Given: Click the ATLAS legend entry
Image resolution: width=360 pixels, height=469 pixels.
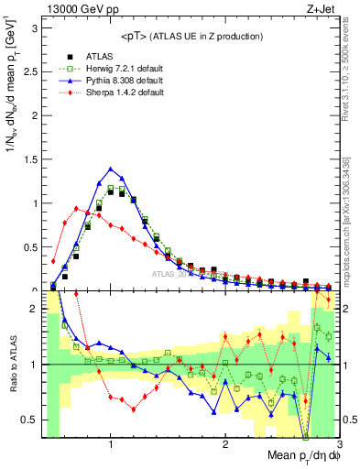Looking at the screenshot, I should [93, 57].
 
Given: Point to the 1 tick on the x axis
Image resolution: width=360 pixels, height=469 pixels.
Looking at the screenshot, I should [111, 445].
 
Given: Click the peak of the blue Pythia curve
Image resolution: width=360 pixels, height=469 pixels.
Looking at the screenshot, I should [111, 169].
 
